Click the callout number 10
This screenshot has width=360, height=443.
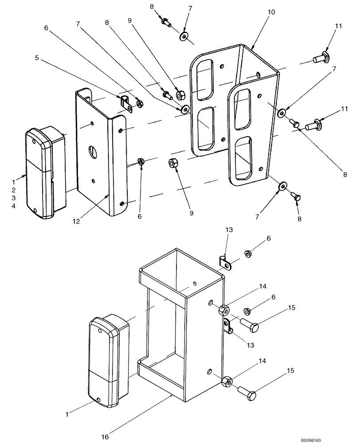[271, 12]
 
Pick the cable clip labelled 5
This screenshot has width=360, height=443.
[125, 102]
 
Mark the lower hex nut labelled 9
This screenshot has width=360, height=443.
[173, 163]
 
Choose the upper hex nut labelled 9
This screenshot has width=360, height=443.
[181, 95]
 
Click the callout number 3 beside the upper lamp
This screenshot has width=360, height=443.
[13, 198]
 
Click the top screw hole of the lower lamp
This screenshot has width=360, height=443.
[100, 330]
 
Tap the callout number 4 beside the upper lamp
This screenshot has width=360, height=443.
[13, 206]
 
